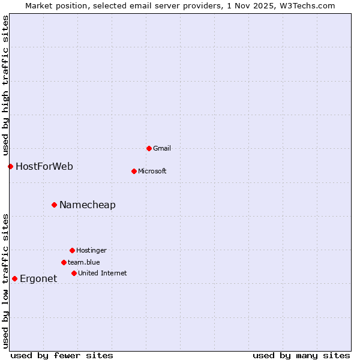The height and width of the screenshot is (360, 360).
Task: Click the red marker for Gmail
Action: click(x=149, y=148)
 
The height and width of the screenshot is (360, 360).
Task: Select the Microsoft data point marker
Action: click(x=134, y=171)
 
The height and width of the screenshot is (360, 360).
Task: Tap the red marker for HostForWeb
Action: click(x=10, y=166)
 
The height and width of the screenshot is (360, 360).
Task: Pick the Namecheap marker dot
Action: click(x=54, y=205)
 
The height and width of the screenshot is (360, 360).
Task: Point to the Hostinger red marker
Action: click(x=72, y=250)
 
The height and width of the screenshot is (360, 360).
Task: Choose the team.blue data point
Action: click(x=64, y=262)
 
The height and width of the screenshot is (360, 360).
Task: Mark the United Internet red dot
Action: click(x=74, y=273)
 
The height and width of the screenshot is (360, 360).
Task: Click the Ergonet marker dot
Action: click(x=14, y=278)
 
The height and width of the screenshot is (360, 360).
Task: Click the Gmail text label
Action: click(x=162, y=148)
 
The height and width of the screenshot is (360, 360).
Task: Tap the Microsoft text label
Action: click(x=152, y=171)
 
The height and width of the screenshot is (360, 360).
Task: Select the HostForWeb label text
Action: click(x=44, y=166)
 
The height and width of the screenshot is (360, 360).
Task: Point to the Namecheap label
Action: click(x=88, y=205)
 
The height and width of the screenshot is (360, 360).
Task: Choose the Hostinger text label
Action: click(x=91, y=250)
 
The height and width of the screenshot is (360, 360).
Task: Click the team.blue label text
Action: click(x=84, y=262)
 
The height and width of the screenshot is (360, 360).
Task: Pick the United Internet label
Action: click(x=103, y=273)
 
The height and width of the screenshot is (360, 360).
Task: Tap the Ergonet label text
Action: click(x=38, y=278)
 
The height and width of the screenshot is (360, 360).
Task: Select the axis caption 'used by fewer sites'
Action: click(x=62, y=355)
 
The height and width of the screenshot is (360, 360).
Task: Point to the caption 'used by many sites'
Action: click(x=301, y=355)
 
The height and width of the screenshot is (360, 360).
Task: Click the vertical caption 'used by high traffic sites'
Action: click(x=5, y=84)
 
